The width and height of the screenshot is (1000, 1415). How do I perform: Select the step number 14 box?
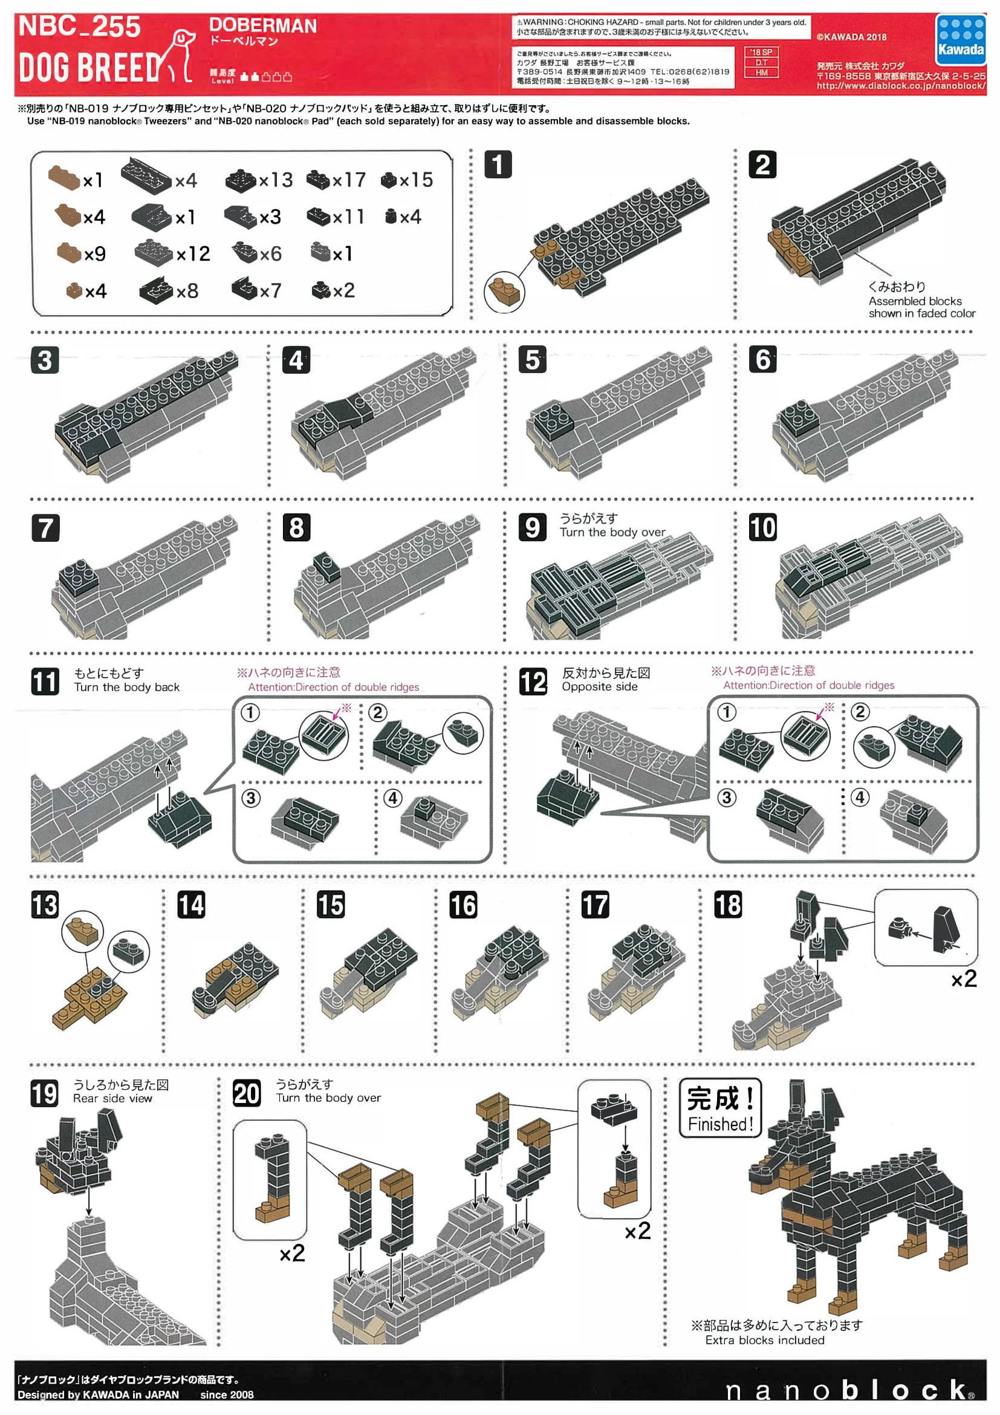[x=191, y=905]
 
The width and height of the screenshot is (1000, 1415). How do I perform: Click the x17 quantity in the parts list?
[x=349, y=180]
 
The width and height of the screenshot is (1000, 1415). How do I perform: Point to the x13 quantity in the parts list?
[x=276, y=180]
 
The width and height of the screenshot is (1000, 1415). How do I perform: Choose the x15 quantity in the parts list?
[x=416, y=180]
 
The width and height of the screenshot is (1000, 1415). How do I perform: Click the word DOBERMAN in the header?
[x=263, y=25]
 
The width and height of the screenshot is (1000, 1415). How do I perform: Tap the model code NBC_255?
[x=79, y=27]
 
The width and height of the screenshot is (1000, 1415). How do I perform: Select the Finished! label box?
[x=720, y=1108]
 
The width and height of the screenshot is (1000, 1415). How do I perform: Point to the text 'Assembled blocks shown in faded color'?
[x=921, y=307]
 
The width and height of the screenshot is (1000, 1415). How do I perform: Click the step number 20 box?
[x=247, y=1093]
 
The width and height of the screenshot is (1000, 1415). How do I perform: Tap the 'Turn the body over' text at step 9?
[x=612, y=532]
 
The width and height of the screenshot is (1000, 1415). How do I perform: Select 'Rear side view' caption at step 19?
[x=112, y=1098]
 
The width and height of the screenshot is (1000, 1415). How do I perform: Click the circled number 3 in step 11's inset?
[x=250, y=798]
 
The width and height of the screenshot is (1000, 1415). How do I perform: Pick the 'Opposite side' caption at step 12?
[x=599, y=686]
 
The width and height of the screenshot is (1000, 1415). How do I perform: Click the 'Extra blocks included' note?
[x=764, y=1340]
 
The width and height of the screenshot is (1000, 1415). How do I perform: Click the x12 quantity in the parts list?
[x=193, y=254]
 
